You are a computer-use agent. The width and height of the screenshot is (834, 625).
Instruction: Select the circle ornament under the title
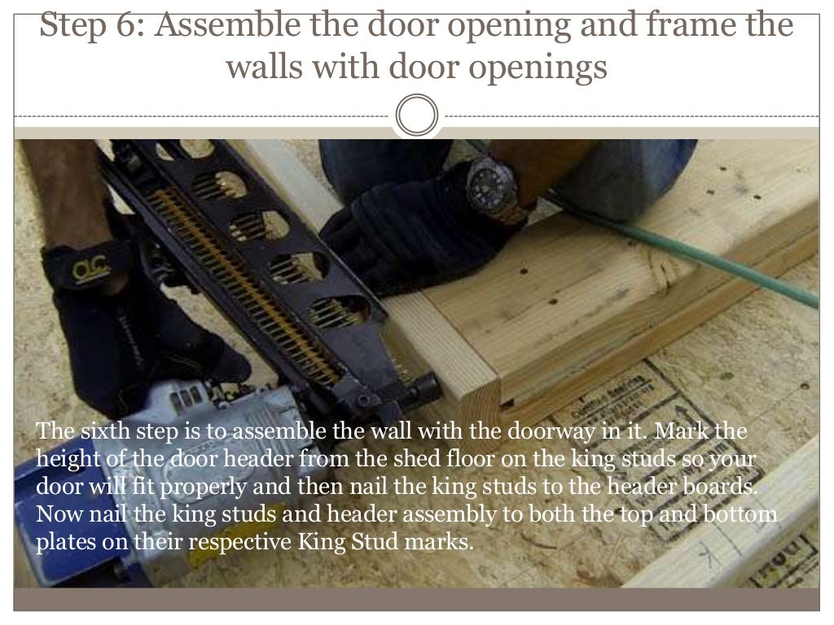(x=417, y=116)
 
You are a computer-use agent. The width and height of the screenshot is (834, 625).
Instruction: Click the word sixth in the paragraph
(x=104, y=431)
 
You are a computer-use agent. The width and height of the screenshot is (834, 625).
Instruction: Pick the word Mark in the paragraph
(x=682, y=431)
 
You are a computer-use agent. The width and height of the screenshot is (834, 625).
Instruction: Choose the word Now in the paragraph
(x=59, y=514)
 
